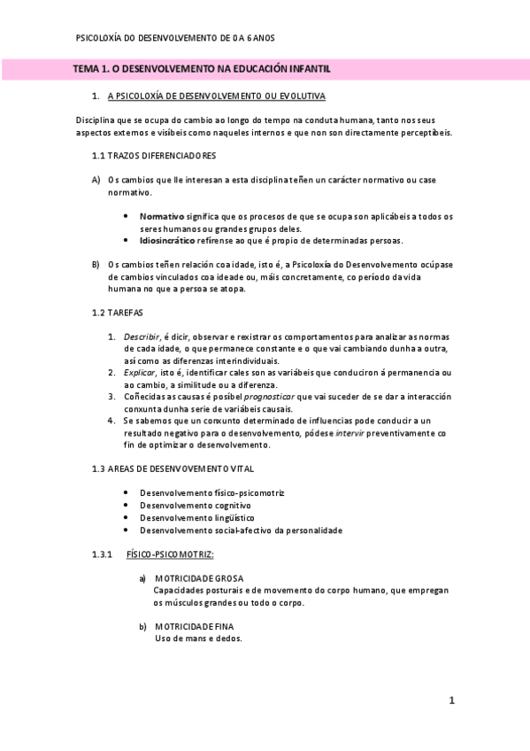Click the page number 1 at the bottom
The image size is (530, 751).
point(451,701)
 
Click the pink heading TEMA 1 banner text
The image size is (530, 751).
point(202,68)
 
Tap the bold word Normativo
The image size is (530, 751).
point(162,216)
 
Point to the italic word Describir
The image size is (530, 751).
point(142,337)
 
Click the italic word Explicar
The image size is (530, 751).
point(140,372)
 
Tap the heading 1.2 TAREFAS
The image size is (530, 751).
point(118,313)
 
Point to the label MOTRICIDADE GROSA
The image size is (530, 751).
point(192,578)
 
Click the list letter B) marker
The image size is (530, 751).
point(96,264)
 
